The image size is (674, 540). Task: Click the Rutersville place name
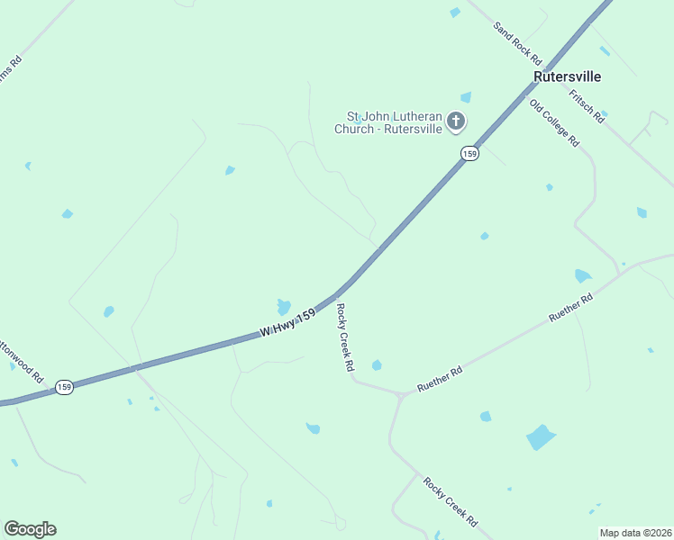pos(567,76)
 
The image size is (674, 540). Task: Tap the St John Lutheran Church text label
pos(388,122)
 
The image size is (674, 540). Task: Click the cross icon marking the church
pos(456,121)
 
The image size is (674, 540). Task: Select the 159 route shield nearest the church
pos(469,154)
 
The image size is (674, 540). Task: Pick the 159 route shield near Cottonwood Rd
pos(64,387)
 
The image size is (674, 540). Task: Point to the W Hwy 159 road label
pos(288,323)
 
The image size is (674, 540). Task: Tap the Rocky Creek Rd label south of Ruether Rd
pos(451,502)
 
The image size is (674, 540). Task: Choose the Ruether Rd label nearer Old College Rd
pos(572,308)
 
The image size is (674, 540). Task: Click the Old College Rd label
pos(554,123)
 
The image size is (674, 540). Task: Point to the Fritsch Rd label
pos(586,105)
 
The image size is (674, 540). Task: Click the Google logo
pos(30,529)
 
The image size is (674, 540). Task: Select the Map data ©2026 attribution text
pos(634,533)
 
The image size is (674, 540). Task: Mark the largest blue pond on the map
pos(541,437)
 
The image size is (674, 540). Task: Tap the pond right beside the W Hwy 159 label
pos(284,306)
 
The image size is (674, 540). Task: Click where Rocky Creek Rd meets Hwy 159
pos(338,293)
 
